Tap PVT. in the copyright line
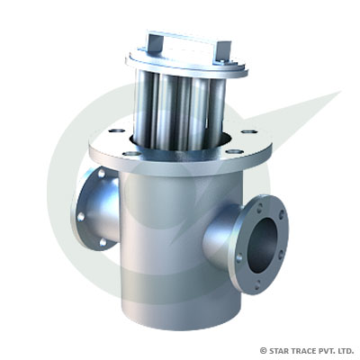[x=328, y=349]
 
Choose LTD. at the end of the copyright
[x=346, y=349]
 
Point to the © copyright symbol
[x=263, y=349]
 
